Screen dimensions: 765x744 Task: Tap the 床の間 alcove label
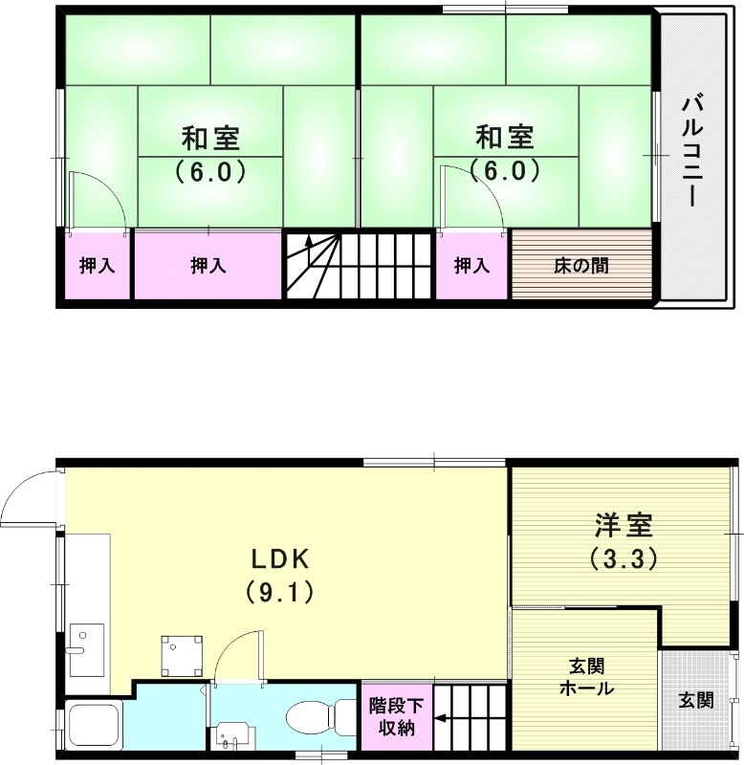(581, 266)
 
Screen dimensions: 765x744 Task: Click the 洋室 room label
(624, 525)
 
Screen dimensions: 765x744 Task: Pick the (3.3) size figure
(624, 558)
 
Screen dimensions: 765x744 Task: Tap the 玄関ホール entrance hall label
(586, 677)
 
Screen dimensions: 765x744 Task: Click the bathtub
(93, 728)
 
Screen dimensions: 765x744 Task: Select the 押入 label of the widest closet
(208, 266)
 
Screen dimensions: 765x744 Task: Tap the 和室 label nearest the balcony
(504, 139)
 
